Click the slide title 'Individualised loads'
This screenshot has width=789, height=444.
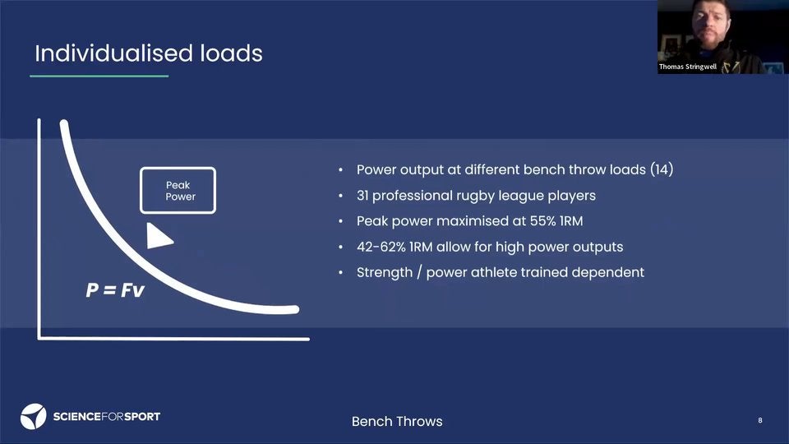pyautogui.click(x=149, y=53)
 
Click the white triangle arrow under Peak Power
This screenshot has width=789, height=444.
pyautogui.click(x=159, y=236)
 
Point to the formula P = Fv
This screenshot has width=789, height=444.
pyautogui.click(x=115, y=290)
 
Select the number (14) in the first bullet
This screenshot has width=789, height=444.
pyautogui.click(x=662, y=169)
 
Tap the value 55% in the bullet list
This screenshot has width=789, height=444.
pyautogui.click(x=542, y=221)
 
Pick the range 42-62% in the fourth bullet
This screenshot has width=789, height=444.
pyautogui.click(x=381, y=247)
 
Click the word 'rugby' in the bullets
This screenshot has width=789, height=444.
pyautogui.click(x=473, y=197)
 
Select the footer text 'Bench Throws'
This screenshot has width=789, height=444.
pyautogui.click(x=397, y=421)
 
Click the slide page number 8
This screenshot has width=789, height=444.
pyautogui.click(x=759, y=420)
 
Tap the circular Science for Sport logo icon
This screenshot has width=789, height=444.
pyautogui.click(x=33, y=416)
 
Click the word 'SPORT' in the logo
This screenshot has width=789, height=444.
pyautogui.click(x=142, y=417)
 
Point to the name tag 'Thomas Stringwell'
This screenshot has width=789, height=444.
pyautogui.click(x=687, y=67)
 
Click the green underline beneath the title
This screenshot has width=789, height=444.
pyautogui.click(x=99, y=76)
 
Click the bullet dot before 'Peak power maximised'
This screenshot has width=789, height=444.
pyautogui.click(x=340, y=221)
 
